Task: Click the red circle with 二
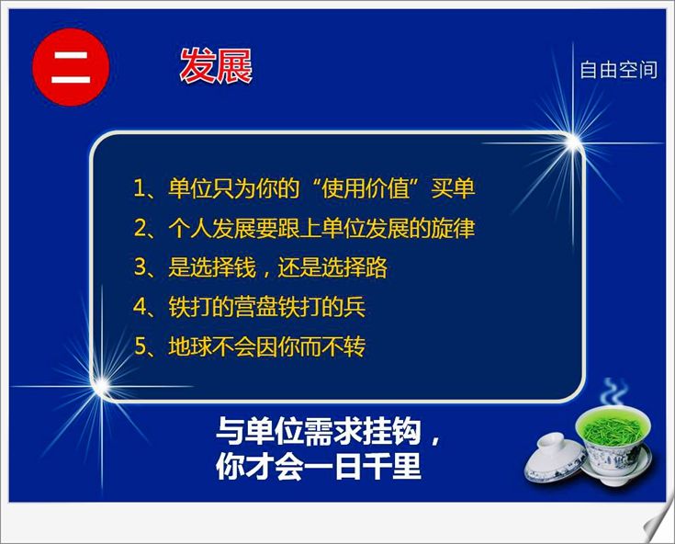[x=71, y=67]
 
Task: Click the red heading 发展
[x=216, y=66]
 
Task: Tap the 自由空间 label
[x=618, y=70]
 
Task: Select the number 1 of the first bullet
[x=140, y=188]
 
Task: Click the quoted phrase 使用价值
[x=366, y=188]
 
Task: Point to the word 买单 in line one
[x=453, y=188]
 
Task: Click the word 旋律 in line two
[x=453, y=228]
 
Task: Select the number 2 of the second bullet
[x=141, y=228]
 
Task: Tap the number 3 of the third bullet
[x=141, y=267]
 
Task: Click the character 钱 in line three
[x=245, y=267]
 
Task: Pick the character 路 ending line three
[x=377, y=267]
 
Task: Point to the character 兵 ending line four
[x=354, y=307]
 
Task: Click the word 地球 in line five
[x=190, y=346]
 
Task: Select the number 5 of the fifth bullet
[x=141, y=346]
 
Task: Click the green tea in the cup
[x=613, y=425]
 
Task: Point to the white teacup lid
[x=556, y=458]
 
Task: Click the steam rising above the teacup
[x=614, y=392]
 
